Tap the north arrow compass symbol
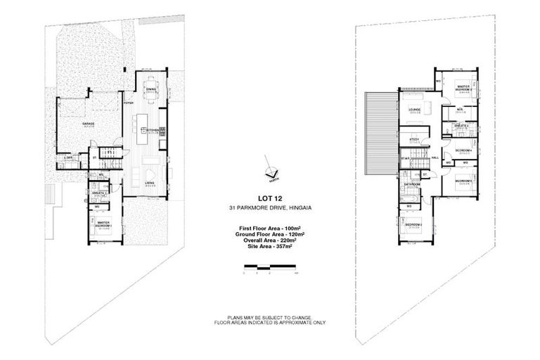point(269,168)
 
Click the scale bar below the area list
point(270,266)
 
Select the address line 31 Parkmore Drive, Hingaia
point(269,210)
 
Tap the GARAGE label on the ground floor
point(89,124)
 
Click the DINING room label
point(151,90)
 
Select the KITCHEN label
point(153,130)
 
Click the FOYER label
point(128,103)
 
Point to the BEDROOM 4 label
point(462,150)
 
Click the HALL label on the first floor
point(435,157)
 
